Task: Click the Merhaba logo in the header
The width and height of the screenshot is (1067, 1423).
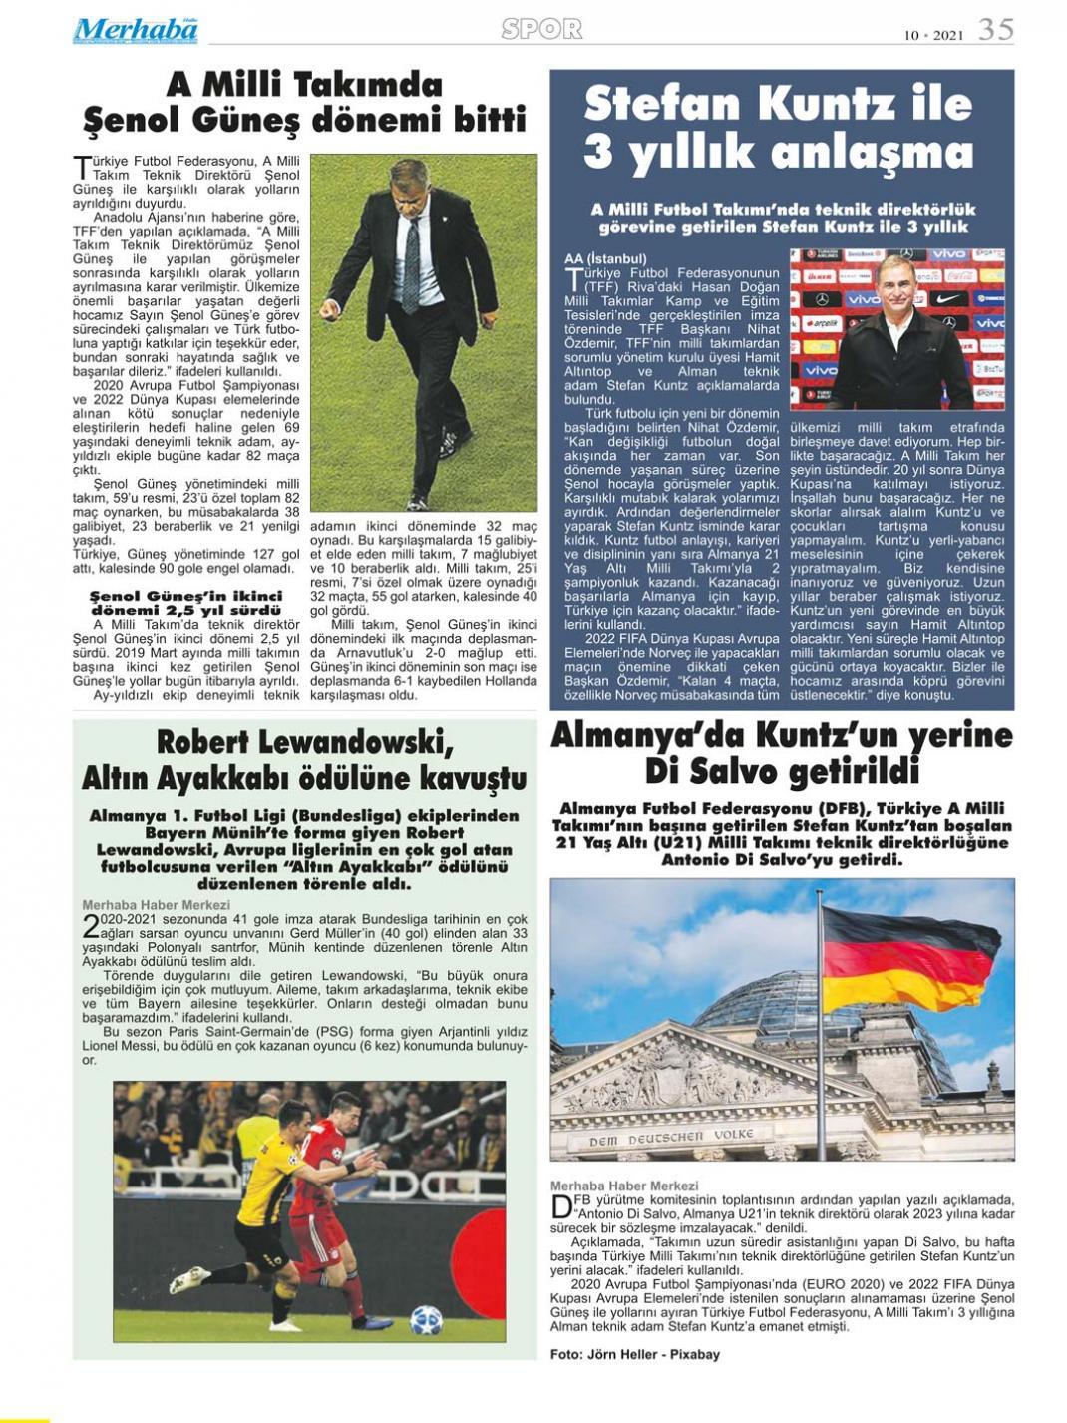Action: click(135, 30)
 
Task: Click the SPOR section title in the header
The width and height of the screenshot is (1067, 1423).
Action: click(541, 29)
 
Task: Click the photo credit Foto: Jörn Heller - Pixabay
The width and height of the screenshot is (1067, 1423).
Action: click(634, 1354)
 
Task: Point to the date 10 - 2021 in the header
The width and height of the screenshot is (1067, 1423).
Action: click(934, 35)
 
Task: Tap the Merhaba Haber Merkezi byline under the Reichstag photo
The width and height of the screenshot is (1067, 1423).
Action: click(624, 1186)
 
